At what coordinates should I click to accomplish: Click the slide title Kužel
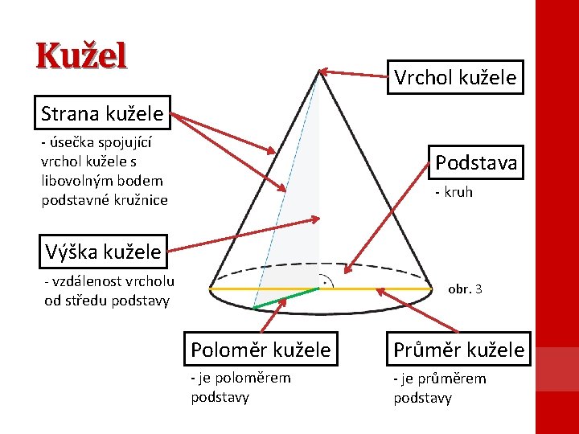coord(81,56)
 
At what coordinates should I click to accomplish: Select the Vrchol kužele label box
coord(454,77)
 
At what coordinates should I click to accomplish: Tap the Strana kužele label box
coord(102,113)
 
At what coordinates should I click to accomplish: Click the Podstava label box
coord(476,162)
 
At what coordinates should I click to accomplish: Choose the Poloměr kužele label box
coord(261,350)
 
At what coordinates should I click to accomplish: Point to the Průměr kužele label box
coord(458,350)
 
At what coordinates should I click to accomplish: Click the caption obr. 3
coord(465,288)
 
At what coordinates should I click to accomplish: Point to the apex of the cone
coord(321,71)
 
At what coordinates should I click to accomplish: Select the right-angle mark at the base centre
coord(324,282)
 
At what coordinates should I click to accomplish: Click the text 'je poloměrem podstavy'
coord(240,387)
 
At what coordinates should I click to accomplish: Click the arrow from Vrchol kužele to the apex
coord(358,74)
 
